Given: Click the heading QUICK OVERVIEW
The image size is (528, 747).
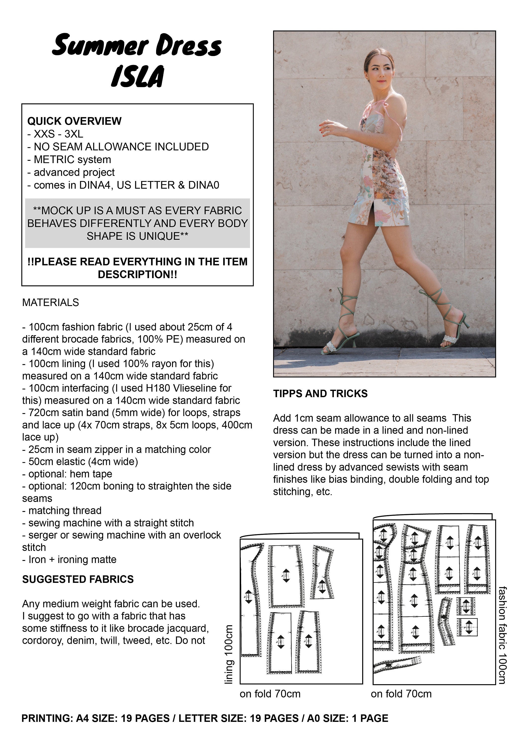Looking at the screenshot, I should [x=74, y=121].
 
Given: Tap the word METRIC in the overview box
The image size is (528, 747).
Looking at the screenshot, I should [x=51, y=159].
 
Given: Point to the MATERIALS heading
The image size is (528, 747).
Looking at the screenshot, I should [x=51, y=302].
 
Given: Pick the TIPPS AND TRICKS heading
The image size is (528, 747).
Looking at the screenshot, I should [x=320, y=393].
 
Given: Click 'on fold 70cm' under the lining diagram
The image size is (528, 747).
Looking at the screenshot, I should [x=270, y=694].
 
